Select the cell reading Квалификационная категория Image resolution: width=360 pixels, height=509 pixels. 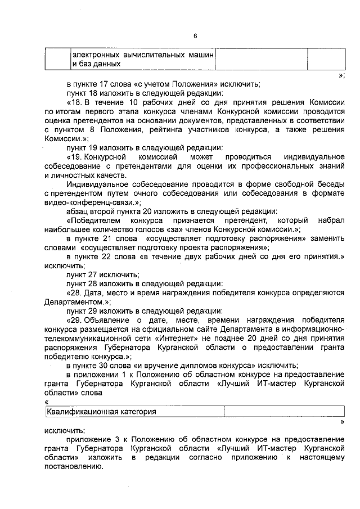[101, 412]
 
